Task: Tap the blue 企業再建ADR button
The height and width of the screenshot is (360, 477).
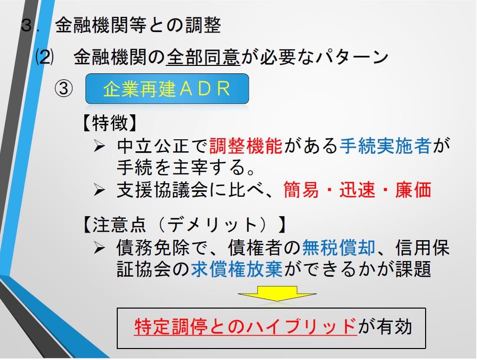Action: click(167, 88)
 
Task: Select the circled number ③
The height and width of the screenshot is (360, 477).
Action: click(63, 89)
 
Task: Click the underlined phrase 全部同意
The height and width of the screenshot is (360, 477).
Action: click(203, 57)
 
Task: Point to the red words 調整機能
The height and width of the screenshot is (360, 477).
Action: click(246, 146)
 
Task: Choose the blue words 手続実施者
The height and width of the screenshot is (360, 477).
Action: click(385, 146)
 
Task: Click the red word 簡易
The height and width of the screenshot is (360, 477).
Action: click(301, 190)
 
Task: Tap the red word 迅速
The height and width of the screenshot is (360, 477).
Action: click(357, 190)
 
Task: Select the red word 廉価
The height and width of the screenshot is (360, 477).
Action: click(413, 190)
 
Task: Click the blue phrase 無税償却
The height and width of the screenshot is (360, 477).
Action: click(338, 248)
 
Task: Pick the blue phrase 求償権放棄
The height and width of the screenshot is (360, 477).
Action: click(237, 269)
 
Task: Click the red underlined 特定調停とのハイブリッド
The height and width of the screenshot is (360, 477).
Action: click(245, 327)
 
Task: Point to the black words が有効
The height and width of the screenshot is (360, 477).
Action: click(385, 327)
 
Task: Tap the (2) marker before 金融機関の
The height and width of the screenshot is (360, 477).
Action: click(44, 57)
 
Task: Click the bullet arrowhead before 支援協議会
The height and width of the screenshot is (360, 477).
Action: click(99, 190)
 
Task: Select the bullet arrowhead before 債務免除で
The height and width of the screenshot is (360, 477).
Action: click(99, 248)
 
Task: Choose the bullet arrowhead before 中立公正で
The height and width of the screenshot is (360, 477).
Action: click(99, 146)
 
